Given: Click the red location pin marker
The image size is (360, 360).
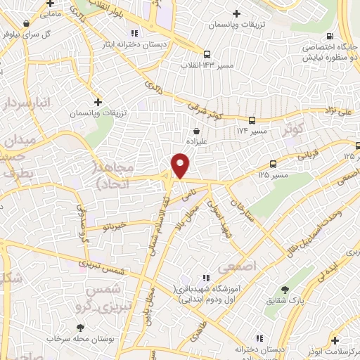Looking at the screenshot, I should point(181,165).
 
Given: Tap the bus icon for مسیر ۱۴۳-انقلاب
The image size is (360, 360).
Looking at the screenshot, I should point(207,54).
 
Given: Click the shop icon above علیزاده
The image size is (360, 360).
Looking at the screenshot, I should point(196,130).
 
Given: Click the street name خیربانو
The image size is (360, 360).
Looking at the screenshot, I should point(112,227).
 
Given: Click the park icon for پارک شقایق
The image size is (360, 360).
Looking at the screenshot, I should point(285,289).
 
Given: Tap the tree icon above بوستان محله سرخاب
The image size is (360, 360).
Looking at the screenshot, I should point(81,328).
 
